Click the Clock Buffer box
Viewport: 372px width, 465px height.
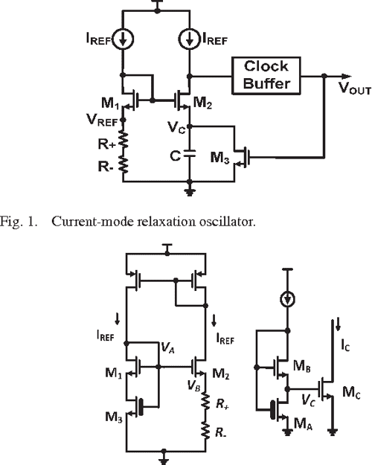[x=266, y=75]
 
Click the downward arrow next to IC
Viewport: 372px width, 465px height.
[x=339, y=324]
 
